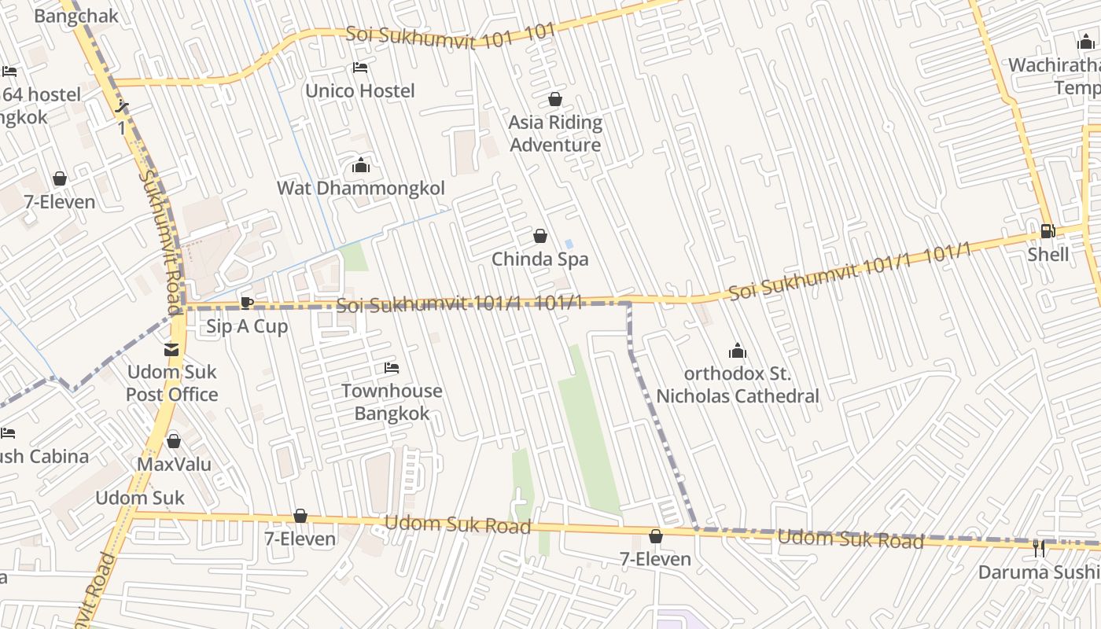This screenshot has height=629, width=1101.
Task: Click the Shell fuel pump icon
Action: tap(1047, 231)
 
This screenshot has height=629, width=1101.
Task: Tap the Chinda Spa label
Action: tap(539, 259)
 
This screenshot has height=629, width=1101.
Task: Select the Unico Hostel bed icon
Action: tap(360, 68)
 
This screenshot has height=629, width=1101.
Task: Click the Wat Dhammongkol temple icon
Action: tap(361, 165)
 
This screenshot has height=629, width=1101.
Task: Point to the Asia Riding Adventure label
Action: tap(555, 134)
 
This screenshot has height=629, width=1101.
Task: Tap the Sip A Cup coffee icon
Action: tap(247, 303)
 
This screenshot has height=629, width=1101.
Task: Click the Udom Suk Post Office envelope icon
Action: tap(171, 349)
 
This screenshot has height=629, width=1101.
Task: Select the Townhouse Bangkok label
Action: tap(392, 402)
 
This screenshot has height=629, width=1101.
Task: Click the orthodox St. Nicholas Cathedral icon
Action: tap(737, 351)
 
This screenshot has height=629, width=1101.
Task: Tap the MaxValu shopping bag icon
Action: tap(174, 441)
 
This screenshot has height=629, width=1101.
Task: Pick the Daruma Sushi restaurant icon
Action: tap(1039, 548)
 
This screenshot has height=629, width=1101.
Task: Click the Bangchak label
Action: tap(76, 16)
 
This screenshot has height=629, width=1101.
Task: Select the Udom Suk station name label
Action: tap(140, 498)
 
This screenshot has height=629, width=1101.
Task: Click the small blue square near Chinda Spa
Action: tap(569, 244)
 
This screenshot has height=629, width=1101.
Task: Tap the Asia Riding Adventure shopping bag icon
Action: tap(555, 99)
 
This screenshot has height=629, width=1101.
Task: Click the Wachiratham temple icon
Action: tap(1086, 42)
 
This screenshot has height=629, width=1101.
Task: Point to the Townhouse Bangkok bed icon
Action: tap(392, 367)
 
